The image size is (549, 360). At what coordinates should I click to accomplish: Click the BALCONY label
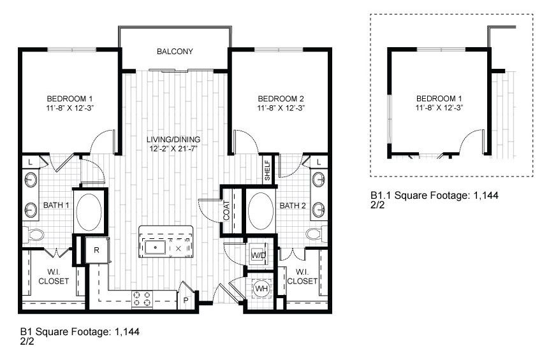pyautogui.click(x=175, y=52)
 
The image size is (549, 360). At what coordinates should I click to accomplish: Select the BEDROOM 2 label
pyautogui.click(x=281, y=99)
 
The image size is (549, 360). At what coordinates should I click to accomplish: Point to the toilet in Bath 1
pyautogui.click(x=34, y=235)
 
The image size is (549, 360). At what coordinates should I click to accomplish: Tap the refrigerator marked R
pyautogui.click(x=96, y=249)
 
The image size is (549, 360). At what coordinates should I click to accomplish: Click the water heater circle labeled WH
pyautogui.click(x=261, y=288)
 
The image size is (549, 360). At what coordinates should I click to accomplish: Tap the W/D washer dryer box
pyautogui.click(x=259, y=254)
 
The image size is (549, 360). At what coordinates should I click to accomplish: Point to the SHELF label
pyautogui.click(x=267, y=170)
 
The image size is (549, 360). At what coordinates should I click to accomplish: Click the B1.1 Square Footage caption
pyautogui.click(x=434, y=196)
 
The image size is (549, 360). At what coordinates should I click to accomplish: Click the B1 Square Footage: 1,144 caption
pyautogui.click(x=80, y=332)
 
